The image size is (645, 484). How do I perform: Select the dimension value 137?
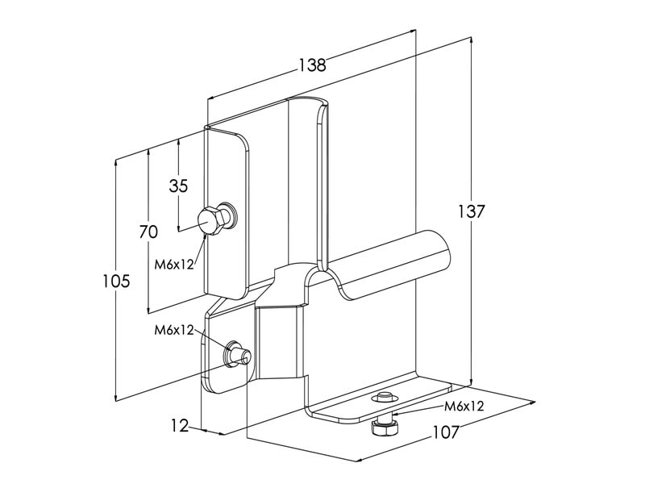pos(472,212)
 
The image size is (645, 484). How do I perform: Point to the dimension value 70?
pos(148,232)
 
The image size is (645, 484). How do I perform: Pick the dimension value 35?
pos(178,186)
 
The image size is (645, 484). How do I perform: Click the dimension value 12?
pos(180,425)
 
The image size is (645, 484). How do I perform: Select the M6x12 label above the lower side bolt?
pos(174,329)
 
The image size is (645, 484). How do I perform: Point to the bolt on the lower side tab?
pos(235,354)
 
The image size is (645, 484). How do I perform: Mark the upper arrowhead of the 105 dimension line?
pos(118,162)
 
